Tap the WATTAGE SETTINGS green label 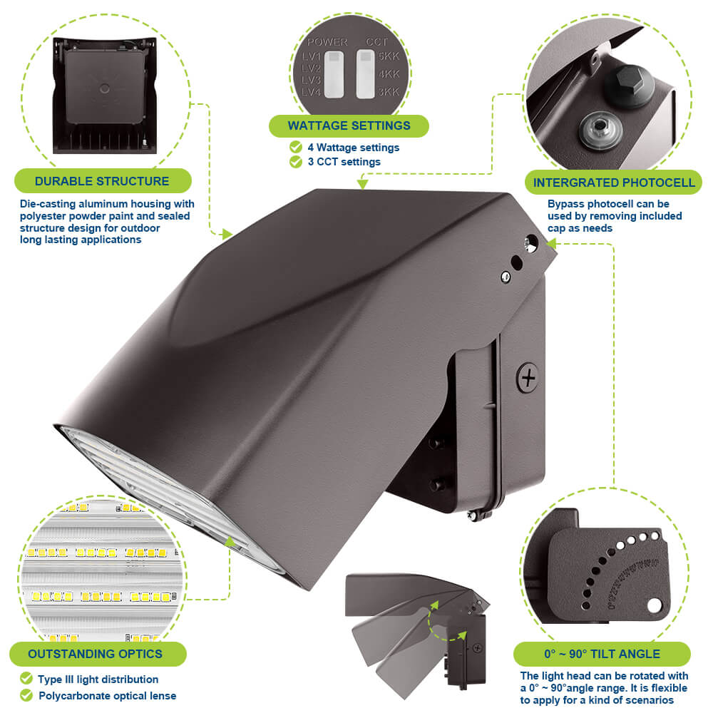pyautogui.click(x=349, y=125)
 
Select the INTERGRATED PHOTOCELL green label pyautogui.click(x=613, y=183)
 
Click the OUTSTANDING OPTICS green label pyautogui.click(x=95, y=653)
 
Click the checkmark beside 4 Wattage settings pyautogui.click(x=295, y=147)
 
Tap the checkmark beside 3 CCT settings pyautogui.click(x=295, y=162)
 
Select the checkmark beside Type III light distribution pyautogui.click(x=26, y=679)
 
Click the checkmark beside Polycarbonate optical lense pyautogui.click(x=26, y=695)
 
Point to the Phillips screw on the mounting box pyautogui.click(x=528, y=377)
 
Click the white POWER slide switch pyautogui.click(x=333, y=73)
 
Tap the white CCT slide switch pyautogui.click(x=365, y=73)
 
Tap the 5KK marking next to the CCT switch pyautogui.click(x=389, y=56)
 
